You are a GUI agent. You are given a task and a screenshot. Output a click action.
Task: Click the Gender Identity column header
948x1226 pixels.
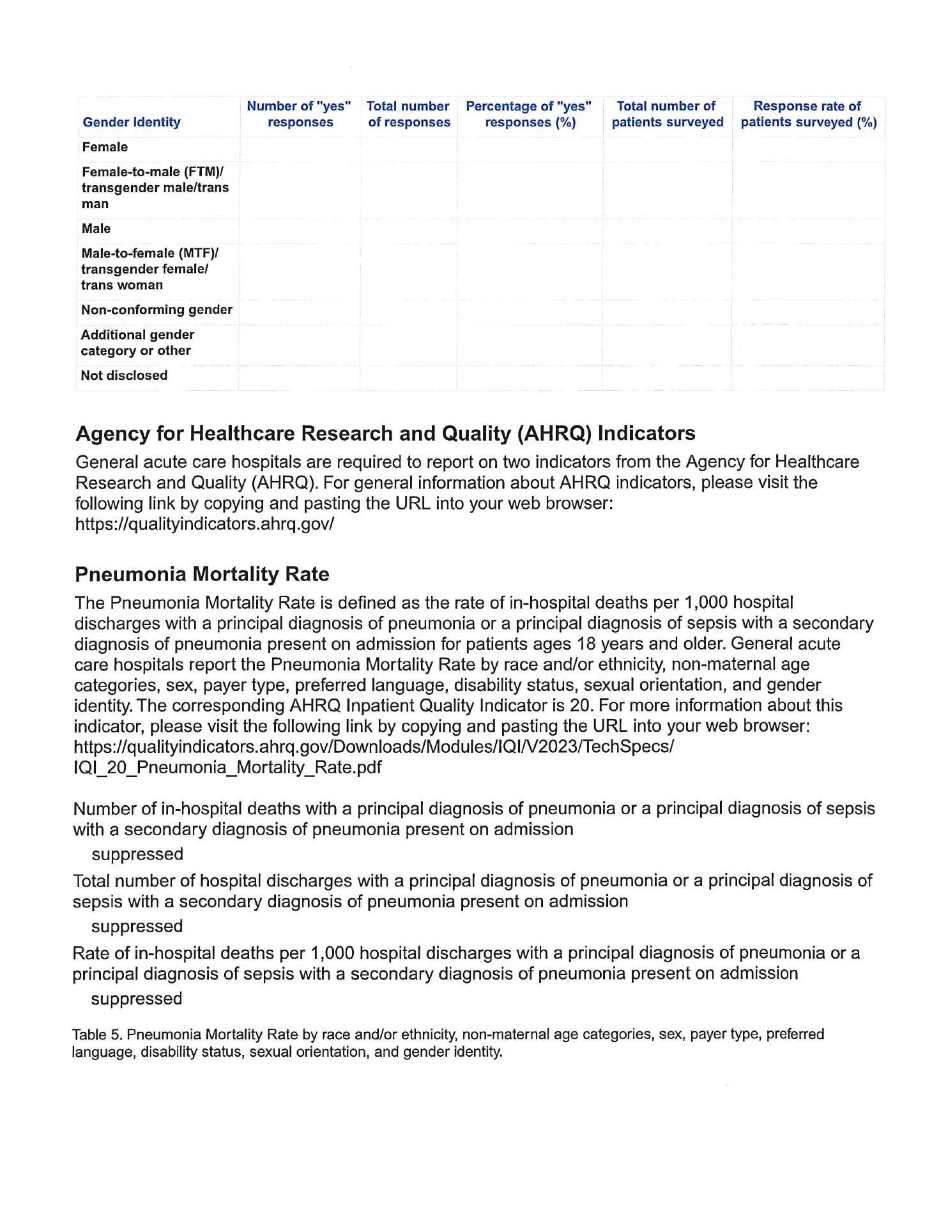[x=132, y=122]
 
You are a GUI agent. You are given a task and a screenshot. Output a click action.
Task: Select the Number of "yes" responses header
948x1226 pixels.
[x=300, y=114]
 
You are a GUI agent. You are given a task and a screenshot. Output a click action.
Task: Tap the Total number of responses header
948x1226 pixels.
[x=409, y=114]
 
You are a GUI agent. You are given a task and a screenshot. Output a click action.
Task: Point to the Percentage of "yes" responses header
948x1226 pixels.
[x=530, y=114]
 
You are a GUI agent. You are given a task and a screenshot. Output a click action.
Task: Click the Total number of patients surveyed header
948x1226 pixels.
[x=668, y=114]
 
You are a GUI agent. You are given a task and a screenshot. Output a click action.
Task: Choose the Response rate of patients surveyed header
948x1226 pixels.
[x=808, y=114]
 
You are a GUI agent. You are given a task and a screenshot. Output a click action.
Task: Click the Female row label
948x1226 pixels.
[x=105, y=147]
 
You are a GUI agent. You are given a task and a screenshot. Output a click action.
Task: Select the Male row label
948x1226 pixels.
[x=96, y=229]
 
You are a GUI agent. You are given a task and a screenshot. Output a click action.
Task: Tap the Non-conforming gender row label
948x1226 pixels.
[x=157, y=310]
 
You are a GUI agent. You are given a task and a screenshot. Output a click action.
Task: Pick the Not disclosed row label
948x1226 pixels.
[x=124, y=375]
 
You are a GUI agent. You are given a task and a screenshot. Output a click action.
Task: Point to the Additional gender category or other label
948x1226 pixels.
[x=137, y=343]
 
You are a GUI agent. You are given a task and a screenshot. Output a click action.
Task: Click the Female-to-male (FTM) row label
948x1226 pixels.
[x=155, y=188]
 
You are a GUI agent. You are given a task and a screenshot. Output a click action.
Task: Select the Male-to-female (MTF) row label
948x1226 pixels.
[x=149, y=269]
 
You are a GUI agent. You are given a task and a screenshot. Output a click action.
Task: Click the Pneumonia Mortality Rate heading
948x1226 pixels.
[x=202, y=574]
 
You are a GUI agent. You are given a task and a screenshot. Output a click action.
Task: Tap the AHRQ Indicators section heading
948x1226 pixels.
[x=385, y=434]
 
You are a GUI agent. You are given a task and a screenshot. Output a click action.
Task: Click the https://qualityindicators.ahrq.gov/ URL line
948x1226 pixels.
[x=204, y=524]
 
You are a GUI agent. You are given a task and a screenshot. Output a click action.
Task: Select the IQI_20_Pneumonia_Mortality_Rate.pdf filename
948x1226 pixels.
[x=227, y=767]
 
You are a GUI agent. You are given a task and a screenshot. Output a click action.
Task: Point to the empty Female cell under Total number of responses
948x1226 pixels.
[x=409, y=148]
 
